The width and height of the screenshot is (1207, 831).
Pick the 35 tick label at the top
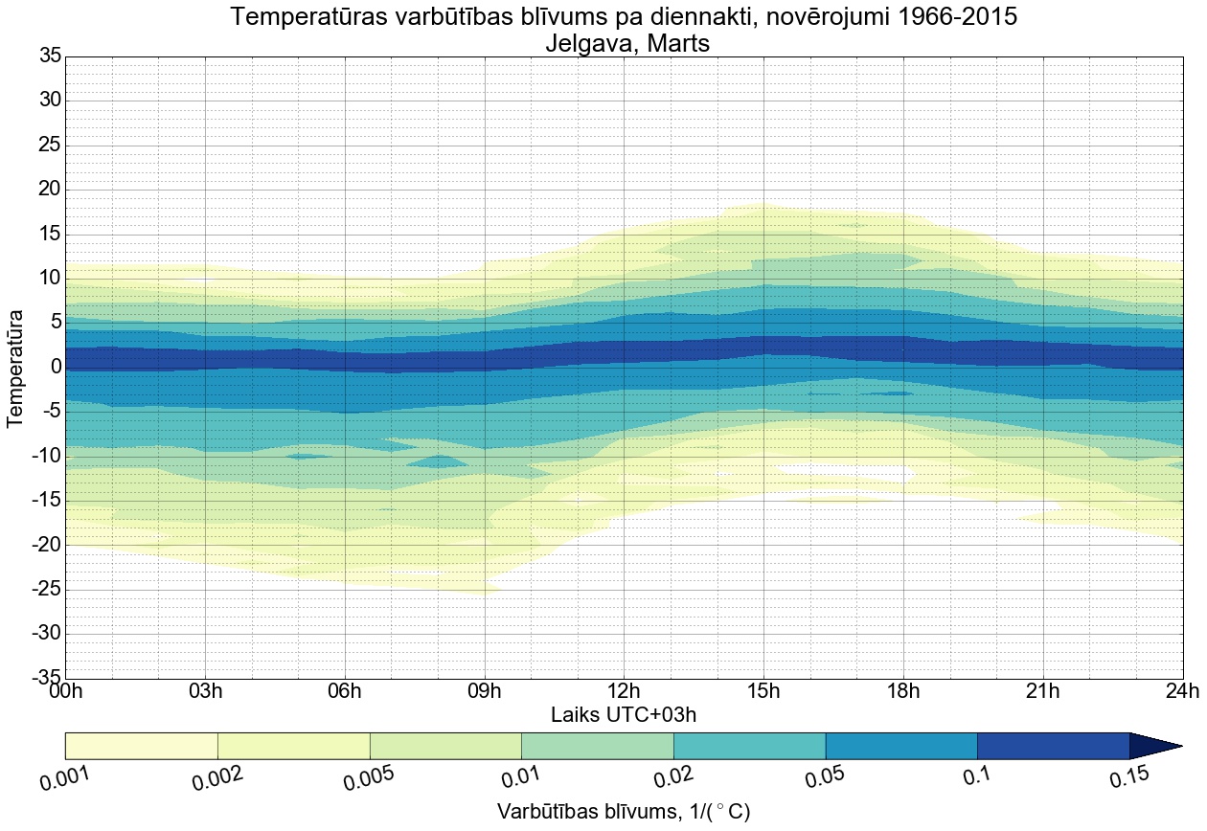point(50,56)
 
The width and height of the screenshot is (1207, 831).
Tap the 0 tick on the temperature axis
point(56,368)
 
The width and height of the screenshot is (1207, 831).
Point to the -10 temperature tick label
point(43,457)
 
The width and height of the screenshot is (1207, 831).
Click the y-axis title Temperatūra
point(15,368)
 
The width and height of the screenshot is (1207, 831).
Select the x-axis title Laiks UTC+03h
point(624,714)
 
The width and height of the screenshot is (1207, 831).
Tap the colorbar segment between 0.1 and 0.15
point(1053,746)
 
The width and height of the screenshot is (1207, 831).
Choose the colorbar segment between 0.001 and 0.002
point(141,746)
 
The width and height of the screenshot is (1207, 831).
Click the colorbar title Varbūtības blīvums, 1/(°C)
point(624,812)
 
